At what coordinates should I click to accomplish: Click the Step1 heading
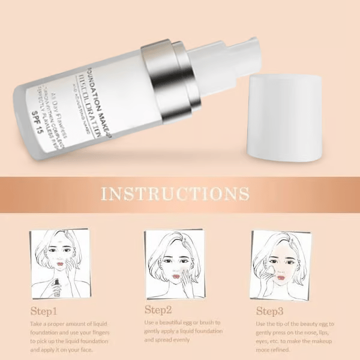[44, 311]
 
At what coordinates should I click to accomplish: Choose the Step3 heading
[270, 311]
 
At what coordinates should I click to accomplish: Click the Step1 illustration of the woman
[59, 263]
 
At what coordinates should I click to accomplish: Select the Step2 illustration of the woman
[174, 264]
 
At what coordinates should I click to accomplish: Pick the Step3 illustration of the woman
[281, 265]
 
